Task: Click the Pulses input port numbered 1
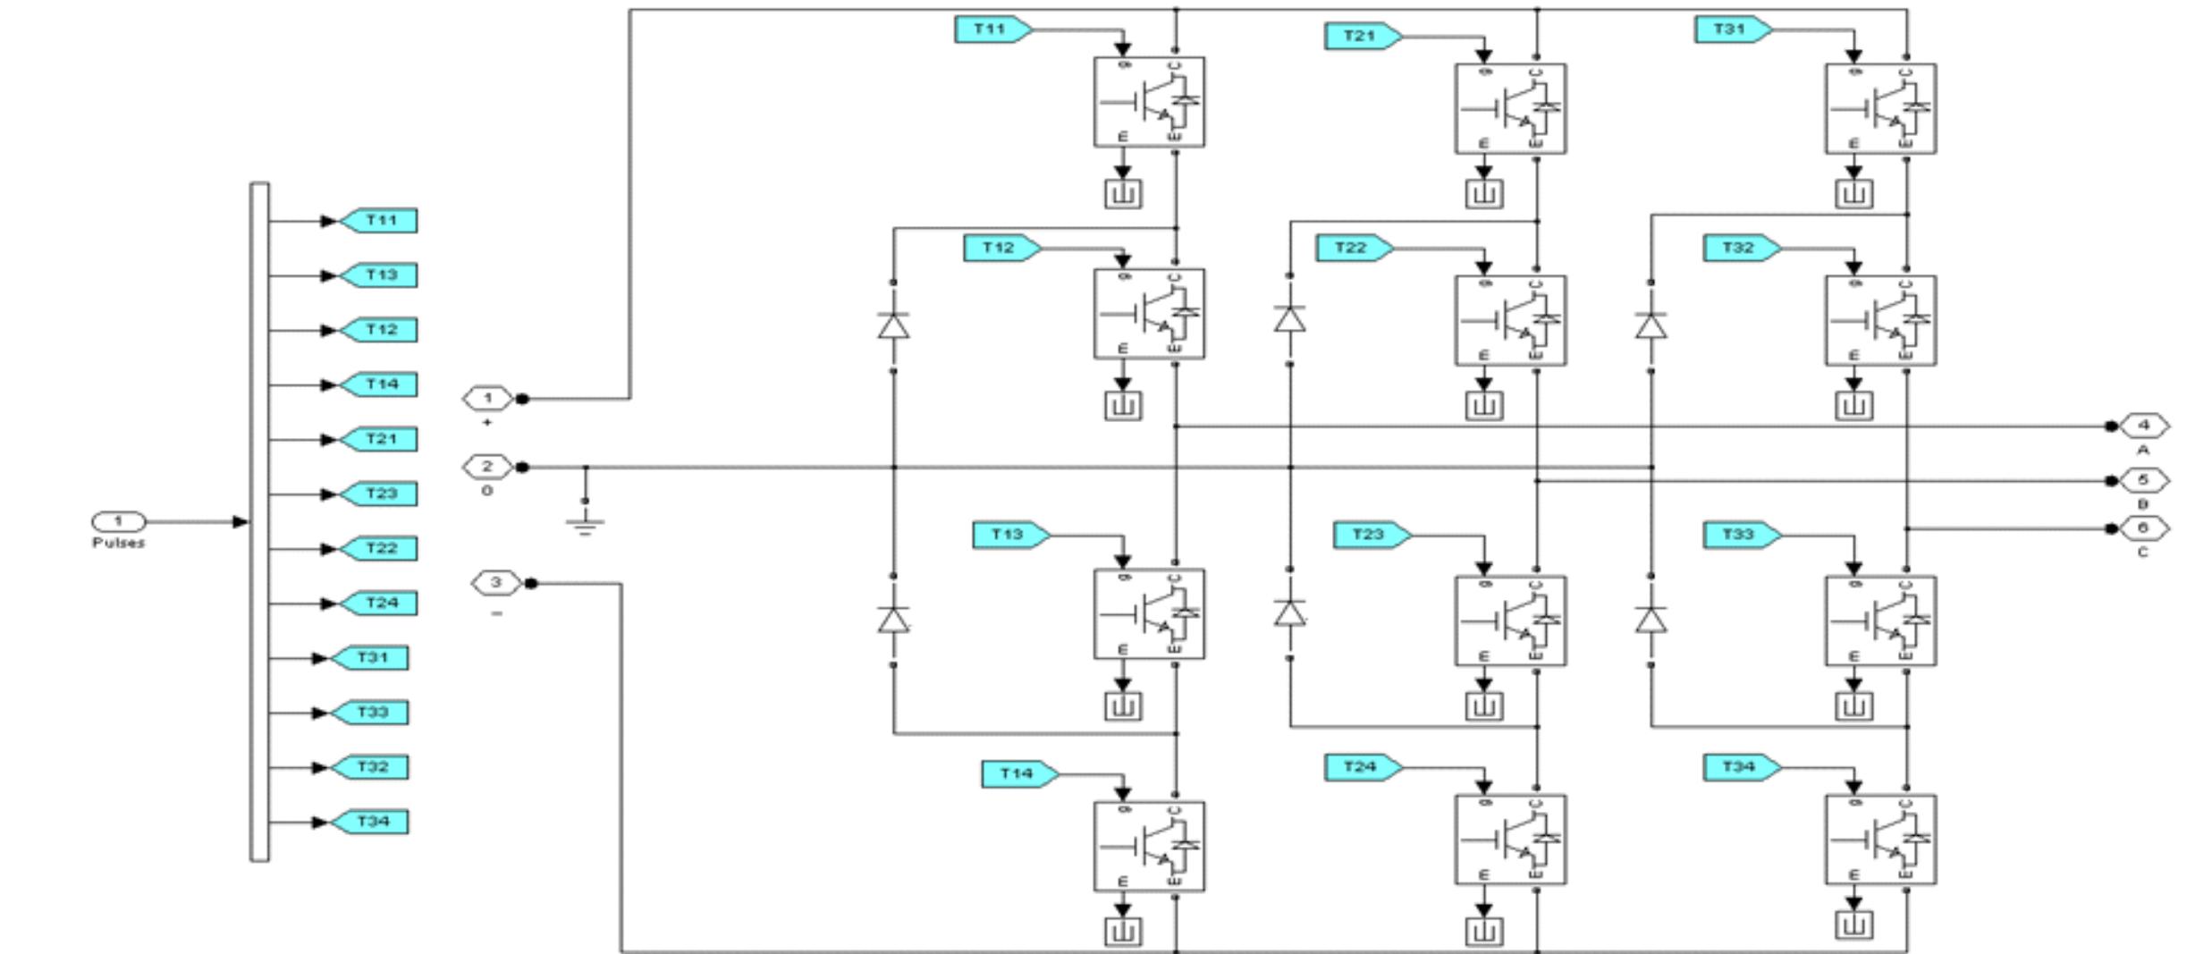(x=118, y=521)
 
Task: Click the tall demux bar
(x=259, y=522)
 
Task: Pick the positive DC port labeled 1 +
(x=487, y=398)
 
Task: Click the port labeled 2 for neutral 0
(x=487, y=467)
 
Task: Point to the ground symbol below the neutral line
(x=586, y=523)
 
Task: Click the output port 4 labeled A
(x=2142, y=426)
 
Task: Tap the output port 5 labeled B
(x=2142, y=480)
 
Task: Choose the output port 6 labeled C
(x=2142, y=528)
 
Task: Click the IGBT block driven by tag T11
(x=1149, y=102)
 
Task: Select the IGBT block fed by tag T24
(x=1510, y=840)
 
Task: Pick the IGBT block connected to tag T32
(x=1880, y=320)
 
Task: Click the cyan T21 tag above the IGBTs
(x=1360, y=36)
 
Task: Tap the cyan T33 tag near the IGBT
(x=1739, y=535)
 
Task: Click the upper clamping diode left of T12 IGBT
(x=893, y=325)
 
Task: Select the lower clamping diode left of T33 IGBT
(x=1651, y=619)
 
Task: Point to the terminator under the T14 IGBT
(x=1123, y=933)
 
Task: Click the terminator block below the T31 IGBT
(x=1853, y=193)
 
